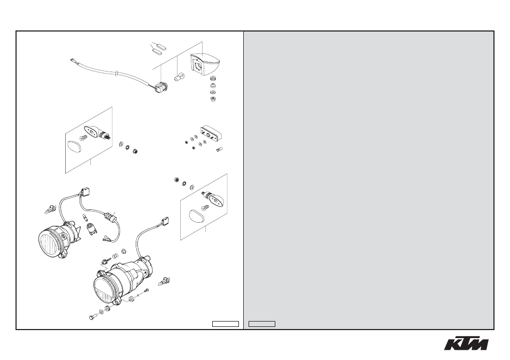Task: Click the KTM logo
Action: (x=466, y=342)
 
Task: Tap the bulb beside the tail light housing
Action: (x=179, y=78)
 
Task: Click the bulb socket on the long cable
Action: (x=161, y=88)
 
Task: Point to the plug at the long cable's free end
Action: (x=73, y=60)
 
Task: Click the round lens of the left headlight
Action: (x=49, y=242)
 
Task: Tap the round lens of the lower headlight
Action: (x=105, y=289)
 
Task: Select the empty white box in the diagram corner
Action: (x=226, y=324)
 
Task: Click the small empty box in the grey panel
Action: (x=262, y=324)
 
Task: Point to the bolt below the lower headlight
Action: (x=92, y=316)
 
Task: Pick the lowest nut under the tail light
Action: (x=213, y=98)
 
